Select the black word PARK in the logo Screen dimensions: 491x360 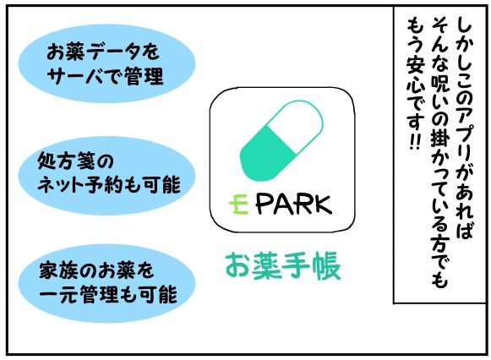coord(293,205)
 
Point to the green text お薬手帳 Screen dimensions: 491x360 coord(283,266)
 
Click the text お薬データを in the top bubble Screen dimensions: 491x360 coord(103,52)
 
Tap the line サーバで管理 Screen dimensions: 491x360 coord(106,76)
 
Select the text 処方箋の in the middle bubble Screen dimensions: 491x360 coord(75,161)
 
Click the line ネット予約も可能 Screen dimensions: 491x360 coord(109,185)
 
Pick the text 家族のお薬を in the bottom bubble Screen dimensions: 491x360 coord(96,270)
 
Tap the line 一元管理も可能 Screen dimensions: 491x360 coord(108,294)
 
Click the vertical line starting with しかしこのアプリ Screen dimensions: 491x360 coord(464,128)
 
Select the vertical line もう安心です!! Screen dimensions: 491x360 coord(416,84)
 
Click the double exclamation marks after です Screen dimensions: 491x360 coord(416,143)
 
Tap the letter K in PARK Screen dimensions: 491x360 coord(322,205)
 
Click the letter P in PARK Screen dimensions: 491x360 coord(264,205)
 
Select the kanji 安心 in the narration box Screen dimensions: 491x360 coord(416,77)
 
